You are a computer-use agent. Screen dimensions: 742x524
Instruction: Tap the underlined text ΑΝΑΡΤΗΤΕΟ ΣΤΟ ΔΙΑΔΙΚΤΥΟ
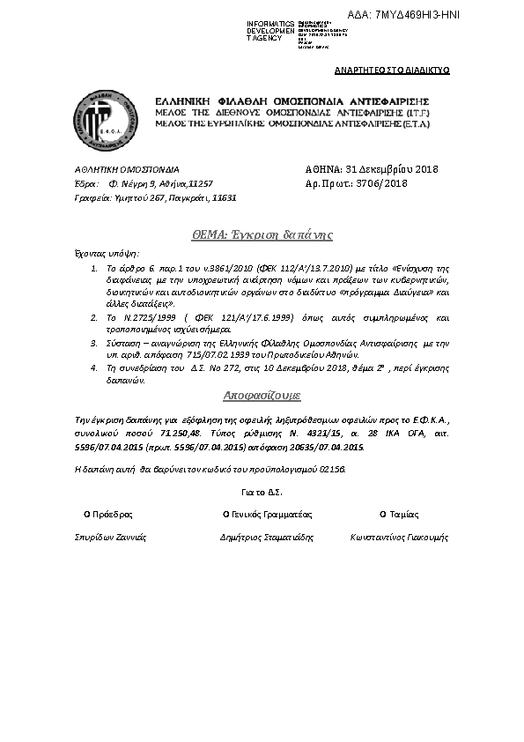(393, 69)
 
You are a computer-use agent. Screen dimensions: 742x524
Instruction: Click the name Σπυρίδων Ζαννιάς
(110, 536)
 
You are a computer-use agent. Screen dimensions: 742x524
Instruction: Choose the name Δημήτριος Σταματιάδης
(266, 536)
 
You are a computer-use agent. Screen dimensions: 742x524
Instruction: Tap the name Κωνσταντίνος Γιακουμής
(399, 536)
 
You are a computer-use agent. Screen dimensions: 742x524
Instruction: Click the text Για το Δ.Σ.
(262, 492)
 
